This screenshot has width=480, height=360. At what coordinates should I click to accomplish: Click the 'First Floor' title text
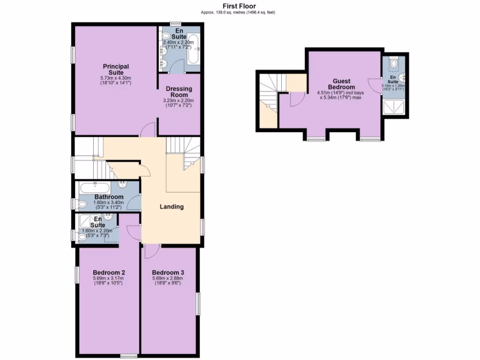[x=240, y=6]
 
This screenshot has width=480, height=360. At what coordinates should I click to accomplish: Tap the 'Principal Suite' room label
[x=116, y=69]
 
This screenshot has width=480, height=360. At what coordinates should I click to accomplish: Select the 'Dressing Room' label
[x=179, y=91]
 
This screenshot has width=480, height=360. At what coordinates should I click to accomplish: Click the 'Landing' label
[x=172, y=207]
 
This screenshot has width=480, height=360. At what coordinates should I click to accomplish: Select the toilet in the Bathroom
[x=83, y=203]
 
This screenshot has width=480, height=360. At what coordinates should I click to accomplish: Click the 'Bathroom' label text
[x=109, y=197]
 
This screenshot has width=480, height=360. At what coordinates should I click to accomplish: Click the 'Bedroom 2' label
[x=109, y=272]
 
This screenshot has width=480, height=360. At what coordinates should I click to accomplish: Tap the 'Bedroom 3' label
[x=168, y=272]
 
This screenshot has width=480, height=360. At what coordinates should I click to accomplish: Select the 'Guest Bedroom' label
[x=341, y=84]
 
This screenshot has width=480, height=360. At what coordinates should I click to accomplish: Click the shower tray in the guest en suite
[x=392, y=108]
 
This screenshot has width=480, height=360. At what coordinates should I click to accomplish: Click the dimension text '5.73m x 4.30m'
[x=115, y=78]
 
